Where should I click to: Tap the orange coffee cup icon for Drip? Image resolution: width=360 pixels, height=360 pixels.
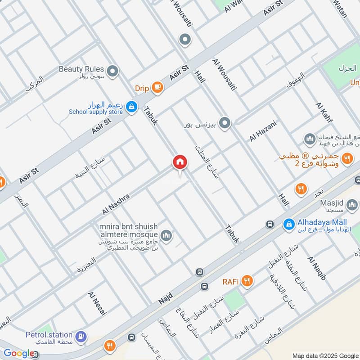click(x=157, y=87)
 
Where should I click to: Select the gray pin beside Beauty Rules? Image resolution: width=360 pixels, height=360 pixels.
click(x=112, y=71)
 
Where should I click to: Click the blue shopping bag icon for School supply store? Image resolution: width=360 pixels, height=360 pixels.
click(x=131, y=107)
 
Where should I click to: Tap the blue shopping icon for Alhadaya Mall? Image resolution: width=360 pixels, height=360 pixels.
click(x=288, y=223)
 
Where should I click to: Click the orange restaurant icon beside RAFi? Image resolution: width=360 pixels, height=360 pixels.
click(x=247, y=282)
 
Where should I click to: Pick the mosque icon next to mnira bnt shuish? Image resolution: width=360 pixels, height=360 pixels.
click(x=166, y=236)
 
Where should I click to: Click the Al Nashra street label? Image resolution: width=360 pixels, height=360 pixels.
click(x=116, y=204)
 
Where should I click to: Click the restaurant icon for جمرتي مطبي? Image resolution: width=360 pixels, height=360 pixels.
click(x=346, y=158)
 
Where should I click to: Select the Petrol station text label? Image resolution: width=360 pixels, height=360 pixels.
click(x=49, y=335)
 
